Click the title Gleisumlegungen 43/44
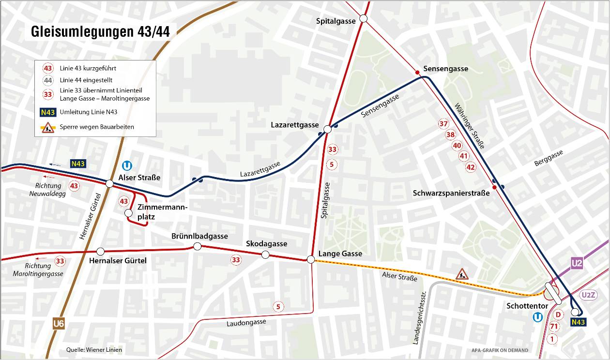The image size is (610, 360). coord(100,32)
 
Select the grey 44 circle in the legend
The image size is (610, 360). coord(48,80)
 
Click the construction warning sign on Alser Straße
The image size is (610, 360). coord(462,274)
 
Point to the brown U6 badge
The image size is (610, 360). coord(59,324)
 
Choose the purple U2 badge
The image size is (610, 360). coord(577,264)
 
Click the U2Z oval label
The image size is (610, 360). coord(589,295)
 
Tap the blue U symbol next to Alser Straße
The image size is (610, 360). coord(128,165)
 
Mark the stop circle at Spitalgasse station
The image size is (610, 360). coord(364,19)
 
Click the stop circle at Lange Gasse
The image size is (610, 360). coord(311,260)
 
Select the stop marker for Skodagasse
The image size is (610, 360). coord(265,255)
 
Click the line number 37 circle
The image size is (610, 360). coord(443,124)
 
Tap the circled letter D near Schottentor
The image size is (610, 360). coord(558,315)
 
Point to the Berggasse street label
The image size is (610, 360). coord(549,159)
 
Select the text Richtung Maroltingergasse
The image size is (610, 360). coord(38,270)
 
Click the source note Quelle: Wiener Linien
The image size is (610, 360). coord(94,350)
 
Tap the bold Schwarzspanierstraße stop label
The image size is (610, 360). coord(451,193)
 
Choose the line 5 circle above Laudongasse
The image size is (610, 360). coord(278,306)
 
